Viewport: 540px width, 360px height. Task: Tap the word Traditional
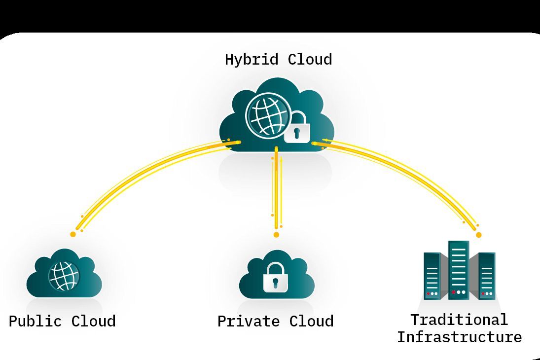(459, 320)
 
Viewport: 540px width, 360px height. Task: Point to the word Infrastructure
(459, 337)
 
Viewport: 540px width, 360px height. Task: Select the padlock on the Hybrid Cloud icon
(297, 128)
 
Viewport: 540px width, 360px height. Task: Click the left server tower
(432, 276)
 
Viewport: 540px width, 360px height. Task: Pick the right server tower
(486, 276)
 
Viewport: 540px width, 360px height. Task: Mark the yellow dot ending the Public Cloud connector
(73, 234)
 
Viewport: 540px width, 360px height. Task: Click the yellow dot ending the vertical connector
(276, 235)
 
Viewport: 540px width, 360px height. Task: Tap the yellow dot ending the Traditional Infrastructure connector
(478, 235)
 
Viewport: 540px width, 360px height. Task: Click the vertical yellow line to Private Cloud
(276, 192)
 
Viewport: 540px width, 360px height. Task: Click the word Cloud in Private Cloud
(311, 322)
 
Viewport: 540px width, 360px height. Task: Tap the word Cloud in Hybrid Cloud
(310, 60)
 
